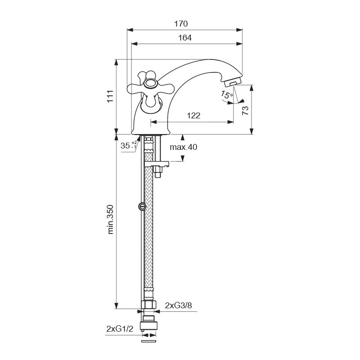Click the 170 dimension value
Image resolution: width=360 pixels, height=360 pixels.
click(181, 24)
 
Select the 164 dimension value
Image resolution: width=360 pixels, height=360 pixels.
click(185, 38)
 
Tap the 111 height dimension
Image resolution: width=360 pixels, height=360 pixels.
click(110, 96)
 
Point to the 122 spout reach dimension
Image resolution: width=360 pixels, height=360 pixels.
click(193, 116)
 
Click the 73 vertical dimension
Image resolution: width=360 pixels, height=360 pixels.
click(245, 110)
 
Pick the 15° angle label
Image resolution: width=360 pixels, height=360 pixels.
click(227, 94)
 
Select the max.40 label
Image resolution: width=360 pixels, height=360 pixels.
click(184, 147)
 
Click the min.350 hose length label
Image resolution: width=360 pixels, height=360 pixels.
click(110, 219)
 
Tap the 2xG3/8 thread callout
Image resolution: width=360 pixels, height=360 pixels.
click(178, 306)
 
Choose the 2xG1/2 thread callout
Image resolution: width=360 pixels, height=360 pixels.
click(120, 329)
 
